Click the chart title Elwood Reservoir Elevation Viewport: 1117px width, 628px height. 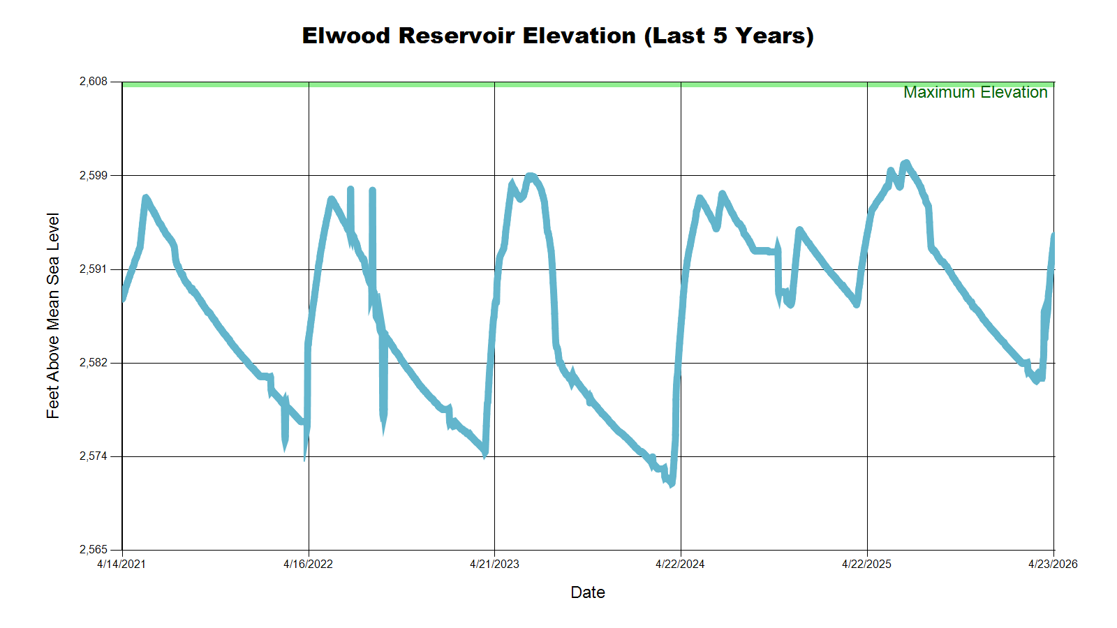point(558,36)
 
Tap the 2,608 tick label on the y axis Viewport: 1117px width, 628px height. point(94,82)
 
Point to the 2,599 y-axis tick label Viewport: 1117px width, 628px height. point(94,175)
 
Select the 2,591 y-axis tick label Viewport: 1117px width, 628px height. point(94,269)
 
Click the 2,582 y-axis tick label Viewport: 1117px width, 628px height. point(94,363)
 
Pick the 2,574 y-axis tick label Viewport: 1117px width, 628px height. point(94,456)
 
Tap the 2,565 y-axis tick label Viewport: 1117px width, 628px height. point(94,550)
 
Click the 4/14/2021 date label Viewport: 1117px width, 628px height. point(121,564)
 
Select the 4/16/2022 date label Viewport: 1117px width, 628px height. point(308,564)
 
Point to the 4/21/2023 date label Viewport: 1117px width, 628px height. point(494,564)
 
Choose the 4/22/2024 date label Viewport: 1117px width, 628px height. point(680,564)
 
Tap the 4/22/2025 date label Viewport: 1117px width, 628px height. point(866,564)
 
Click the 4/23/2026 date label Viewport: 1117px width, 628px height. point(1053,564)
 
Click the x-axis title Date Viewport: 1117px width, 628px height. point(588,592)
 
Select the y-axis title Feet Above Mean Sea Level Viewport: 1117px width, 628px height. point(53,315)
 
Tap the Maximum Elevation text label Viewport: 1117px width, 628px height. point(975,92)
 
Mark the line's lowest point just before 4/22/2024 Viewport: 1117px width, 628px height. point(672,484)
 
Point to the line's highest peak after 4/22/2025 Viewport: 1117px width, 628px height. point(905,163)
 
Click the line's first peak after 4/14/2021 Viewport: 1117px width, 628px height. point(146,198)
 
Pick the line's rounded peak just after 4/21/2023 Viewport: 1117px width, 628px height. point(531,177)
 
